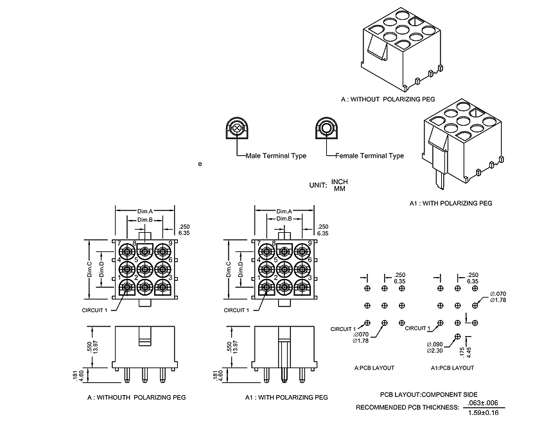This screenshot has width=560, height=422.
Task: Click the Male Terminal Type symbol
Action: (238, 129)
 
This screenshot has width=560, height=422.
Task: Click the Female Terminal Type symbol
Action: (327, 129)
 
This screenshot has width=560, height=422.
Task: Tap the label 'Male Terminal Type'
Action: (276, 156)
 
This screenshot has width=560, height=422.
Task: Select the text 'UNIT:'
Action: (319, 185)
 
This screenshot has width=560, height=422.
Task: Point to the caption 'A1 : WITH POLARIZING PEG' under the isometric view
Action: (451, 203)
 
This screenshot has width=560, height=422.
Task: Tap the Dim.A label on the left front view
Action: (145, 211)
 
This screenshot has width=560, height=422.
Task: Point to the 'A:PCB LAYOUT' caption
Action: (374, 367)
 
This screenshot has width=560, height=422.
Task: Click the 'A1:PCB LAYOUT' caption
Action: (452, 367)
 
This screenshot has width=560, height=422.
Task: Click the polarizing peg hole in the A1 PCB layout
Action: (457, 336)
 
